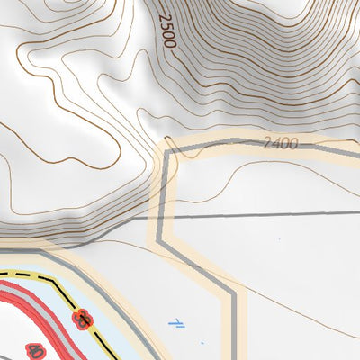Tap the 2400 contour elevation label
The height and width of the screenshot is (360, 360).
281,141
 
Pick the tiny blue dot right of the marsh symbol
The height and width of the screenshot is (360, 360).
202,343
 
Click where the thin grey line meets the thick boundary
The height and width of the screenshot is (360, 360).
164,219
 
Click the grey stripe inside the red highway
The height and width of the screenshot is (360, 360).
54,333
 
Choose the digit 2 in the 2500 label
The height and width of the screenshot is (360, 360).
163,16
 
